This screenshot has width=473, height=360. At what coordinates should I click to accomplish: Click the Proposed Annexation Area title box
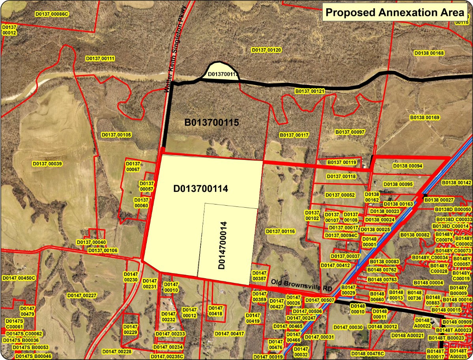coord(394,12)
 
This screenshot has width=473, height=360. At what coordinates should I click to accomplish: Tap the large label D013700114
coord(201,189)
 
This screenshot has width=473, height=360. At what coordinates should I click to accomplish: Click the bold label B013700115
coord(212,122)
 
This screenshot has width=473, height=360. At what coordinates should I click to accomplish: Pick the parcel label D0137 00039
coord(47,163)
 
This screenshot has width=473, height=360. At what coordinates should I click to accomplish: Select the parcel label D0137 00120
coord(266,50)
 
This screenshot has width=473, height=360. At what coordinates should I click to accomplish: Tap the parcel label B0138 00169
coord(424,118)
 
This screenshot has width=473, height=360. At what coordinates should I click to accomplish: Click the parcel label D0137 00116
coord(280,231)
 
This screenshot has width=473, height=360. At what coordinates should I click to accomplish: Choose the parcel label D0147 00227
coord(82,295)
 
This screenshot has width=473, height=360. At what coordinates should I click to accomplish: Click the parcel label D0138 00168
coord(429,53)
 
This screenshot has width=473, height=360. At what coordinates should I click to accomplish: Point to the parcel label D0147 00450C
coord(19,278)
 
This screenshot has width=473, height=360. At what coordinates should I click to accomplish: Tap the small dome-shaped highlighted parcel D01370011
coord(222,73)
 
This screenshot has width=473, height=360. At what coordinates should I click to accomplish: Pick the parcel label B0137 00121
coord(310,91)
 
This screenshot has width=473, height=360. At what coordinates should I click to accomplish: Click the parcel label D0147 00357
coord(259,276)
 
